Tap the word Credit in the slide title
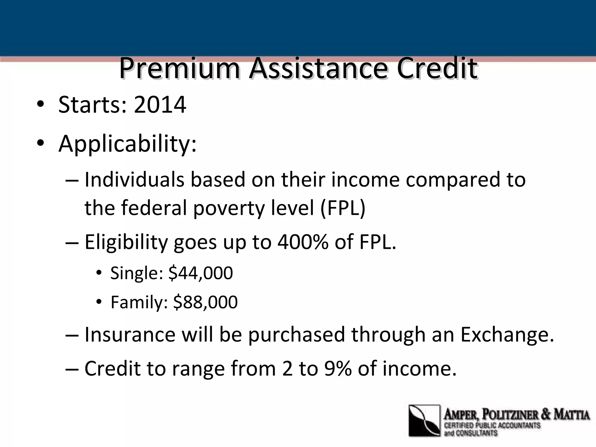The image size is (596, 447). pos(437,69)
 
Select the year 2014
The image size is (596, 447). pos(160,105)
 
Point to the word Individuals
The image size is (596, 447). pos(134,180)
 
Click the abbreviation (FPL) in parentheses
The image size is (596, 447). pos(343,208)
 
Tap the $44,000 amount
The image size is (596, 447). pos(201,273)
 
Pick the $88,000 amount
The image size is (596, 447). pos(205,302)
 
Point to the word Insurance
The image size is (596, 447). pos(130,335)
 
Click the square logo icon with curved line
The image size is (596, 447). pos(424,421)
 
